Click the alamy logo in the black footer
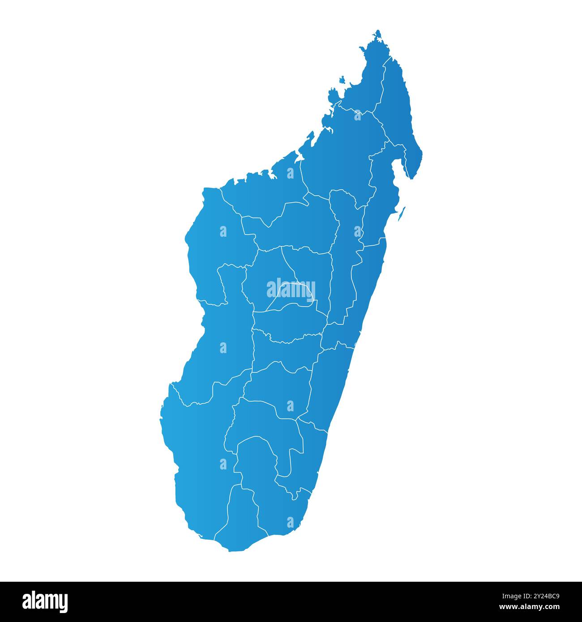(45, 602)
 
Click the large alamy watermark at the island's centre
(291, 289)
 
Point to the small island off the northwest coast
(342, 81)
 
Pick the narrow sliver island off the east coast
(402, 213)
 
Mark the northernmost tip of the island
(378, 31)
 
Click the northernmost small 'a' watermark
(357, 115)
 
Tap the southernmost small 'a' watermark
(290, 522)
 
